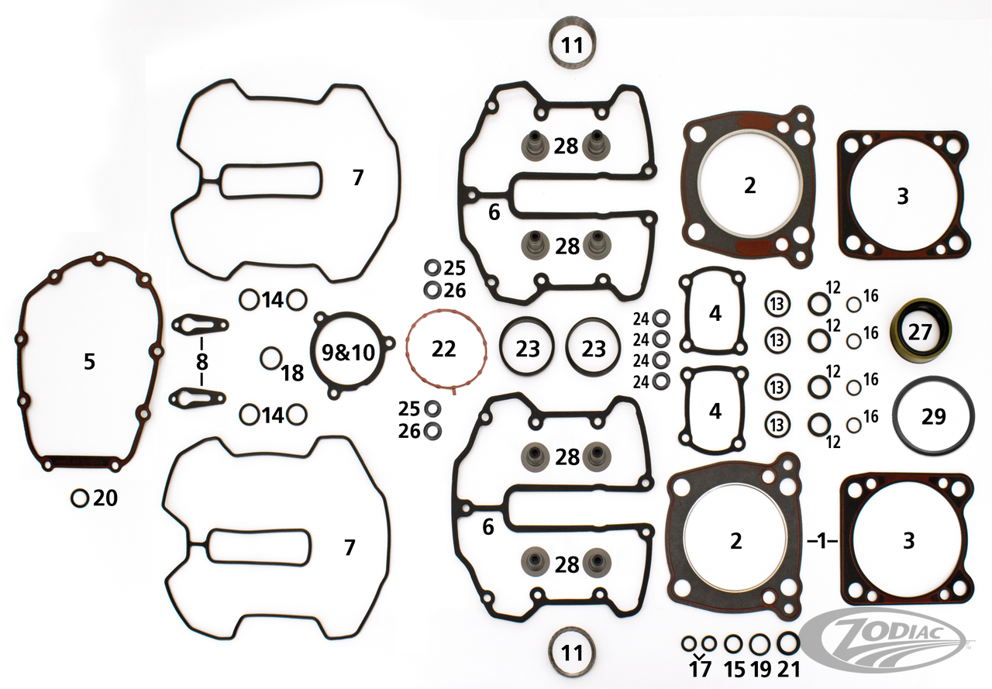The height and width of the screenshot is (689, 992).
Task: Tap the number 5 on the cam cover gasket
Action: [x=90, y=361]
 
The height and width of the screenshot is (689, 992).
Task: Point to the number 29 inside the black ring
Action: [x=934, y=417]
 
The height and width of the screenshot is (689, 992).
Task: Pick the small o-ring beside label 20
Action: [x=80, y=498]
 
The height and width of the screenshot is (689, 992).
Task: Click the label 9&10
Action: [x=348, y=353]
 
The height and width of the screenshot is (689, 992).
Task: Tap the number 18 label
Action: [x=292, y=374]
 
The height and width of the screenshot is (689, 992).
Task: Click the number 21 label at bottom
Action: [x=789, y=669]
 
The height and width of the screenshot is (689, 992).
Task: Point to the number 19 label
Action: [x=760, y=669]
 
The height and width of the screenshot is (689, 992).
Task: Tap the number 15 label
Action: [x=733, y=669]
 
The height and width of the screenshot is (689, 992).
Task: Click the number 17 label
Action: [x=699, y=669]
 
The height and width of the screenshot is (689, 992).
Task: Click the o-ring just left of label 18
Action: [x=270, y=359]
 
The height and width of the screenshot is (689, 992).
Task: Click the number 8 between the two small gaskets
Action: [x=202, y=362]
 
